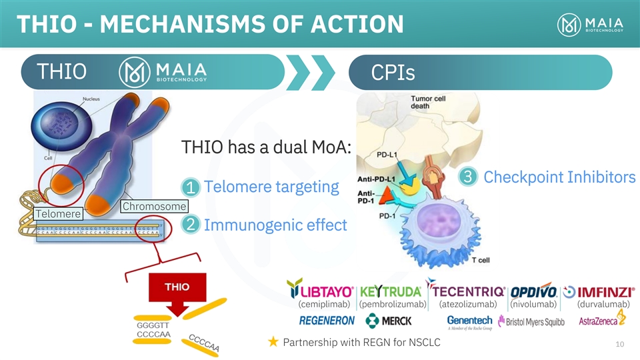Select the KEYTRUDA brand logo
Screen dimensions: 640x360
[391, 292]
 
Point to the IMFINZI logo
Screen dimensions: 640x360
[598, 292]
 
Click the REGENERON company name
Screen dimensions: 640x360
[327, 321]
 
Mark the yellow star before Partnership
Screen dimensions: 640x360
[273, 343]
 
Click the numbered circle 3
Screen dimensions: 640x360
[468, 177]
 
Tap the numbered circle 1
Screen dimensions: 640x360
[190, 187]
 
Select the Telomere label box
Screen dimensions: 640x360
[57, 214]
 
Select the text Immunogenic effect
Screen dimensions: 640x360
[275, 225]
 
